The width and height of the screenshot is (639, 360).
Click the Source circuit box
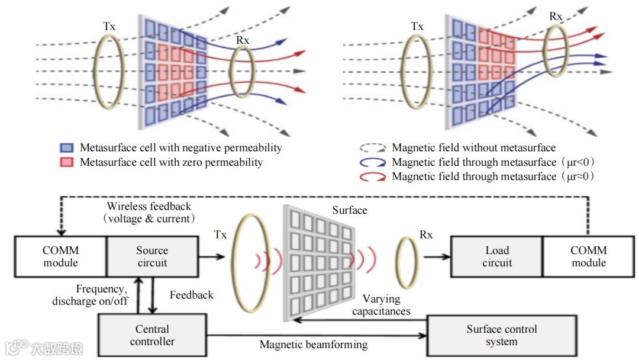coord(152,256)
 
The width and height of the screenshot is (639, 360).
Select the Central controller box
coord(152,335)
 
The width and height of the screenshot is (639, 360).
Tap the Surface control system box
coord(501,335)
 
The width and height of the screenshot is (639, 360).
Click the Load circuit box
coord(497,256)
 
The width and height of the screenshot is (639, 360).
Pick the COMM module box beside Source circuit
coord(60,256)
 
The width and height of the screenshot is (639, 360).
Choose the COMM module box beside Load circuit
coord(588,256)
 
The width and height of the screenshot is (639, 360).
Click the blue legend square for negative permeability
coord(66,148)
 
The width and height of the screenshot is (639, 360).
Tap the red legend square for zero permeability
coord(66,162)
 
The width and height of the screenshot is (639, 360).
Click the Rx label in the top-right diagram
coord(556,17)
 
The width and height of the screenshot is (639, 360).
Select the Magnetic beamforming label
coord(314,345)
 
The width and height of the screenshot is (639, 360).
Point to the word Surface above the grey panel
coord(349,210)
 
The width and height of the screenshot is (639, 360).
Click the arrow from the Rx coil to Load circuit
coord(435,257)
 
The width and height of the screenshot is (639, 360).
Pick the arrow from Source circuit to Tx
coord(212,257)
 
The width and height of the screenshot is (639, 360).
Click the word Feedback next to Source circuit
coord(191,294)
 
